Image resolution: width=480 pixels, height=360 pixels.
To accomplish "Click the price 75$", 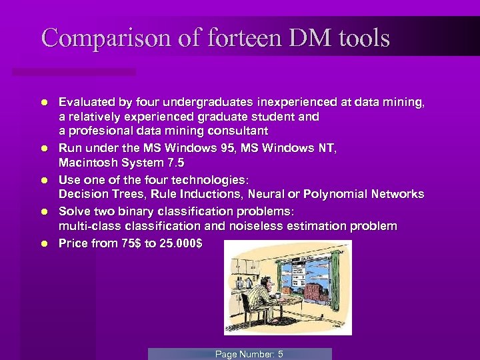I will click(x=127, y=243).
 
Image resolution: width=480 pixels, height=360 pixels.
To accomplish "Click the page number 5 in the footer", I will click(x=280, y=354).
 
